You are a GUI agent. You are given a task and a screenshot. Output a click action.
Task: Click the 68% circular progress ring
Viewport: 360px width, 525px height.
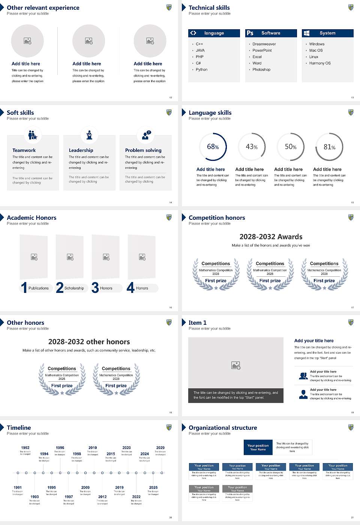213,147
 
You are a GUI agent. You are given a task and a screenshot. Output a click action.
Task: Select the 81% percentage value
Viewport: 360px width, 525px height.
329,147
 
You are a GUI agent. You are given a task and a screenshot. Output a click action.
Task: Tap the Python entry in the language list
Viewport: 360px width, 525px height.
201,69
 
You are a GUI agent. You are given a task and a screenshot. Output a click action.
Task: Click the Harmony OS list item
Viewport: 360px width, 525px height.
320,63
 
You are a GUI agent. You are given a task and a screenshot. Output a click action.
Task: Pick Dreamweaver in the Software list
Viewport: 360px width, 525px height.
264,44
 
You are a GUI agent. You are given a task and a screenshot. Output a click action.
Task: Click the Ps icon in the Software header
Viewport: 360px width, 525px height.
250,33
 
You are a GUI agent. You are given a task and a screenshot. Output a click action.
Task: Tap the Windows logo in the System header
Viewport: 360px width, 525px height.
306,33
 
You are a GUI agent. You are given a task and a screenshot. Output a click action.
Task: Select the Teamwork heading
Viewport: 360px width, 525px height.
24,150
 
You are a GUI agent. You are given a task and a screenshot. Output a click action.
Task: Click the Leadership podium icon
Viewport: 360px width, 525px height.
89,135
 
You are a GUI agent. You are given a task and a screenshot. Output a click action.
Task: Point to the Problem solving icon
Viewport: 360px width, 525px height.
145,135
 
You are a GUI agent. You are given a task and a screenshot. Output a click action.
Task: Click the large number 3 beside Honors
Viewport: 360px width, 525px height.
95,288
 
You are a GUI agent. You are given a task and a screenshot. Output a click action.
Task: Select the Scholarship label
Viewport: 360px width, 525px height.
74,288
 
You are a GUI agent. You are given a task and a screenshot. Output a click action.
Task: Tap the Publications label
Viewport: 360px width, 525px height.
39,288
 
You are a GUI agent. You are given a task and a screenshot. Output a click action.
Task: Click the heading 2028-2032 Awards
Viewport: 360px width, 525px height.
271,237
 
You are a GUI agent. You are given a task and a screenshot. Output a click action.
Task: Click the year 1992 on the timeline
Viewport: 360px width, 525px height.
25,447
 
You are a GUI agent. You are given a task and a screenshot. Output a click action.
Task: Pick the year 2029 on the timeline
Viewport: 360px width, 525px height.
160,447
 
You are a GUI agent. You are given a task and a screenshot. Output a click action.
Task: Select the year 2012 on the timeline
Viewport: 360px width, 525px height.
102,496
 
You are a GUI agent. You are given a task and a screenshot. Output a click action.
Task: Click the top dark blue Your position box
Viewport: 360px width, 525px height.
258,447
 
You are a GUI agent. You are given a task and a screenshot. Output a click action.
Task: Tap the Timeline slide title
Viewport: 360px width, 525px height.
19,427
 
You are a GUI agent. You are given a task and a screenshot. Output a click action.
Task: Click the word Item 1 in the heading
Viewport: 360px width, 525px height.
197,322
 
